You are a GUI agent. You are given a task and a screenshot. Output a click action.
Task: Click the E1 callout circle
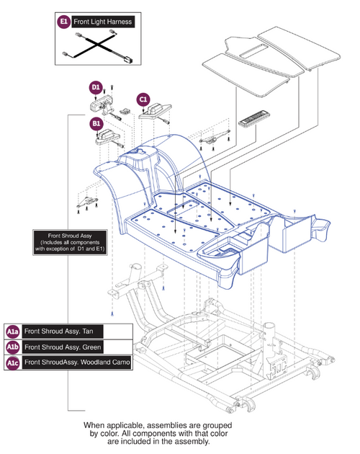click(63, 22)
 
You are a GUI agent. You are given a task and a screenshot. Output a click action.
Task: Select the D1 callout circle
click(96, 87)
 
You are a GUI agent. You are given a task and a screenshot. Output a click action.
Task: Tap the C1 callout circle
click(143, 99)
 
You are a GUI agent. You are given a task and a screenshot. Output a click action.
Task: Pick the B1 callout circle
click(96, 124)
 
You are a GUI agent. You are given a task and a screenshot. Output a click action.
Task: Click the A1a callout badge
click(13, 331)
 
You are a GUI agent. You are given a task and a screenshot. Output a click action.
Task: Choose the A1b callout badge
click(13, 347)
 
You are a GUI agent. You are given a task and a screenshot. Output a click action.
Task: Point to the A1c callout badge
click(13, 362)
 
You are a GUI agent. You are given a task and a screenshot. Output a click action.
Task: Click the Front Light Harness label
click(103, 22)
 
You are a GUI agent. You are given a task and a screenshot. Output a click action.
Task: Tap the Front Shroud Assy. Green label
click(63, 347)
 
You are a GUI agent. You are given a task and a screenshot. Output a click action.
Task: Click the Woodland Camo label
click(105, 362)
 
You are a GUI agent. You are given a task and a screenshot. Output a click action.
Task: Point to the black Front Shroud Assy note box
click(70, 242)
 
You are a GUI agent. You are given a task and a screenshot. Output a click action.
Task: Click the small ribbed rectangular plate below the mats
click(253, 117)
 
